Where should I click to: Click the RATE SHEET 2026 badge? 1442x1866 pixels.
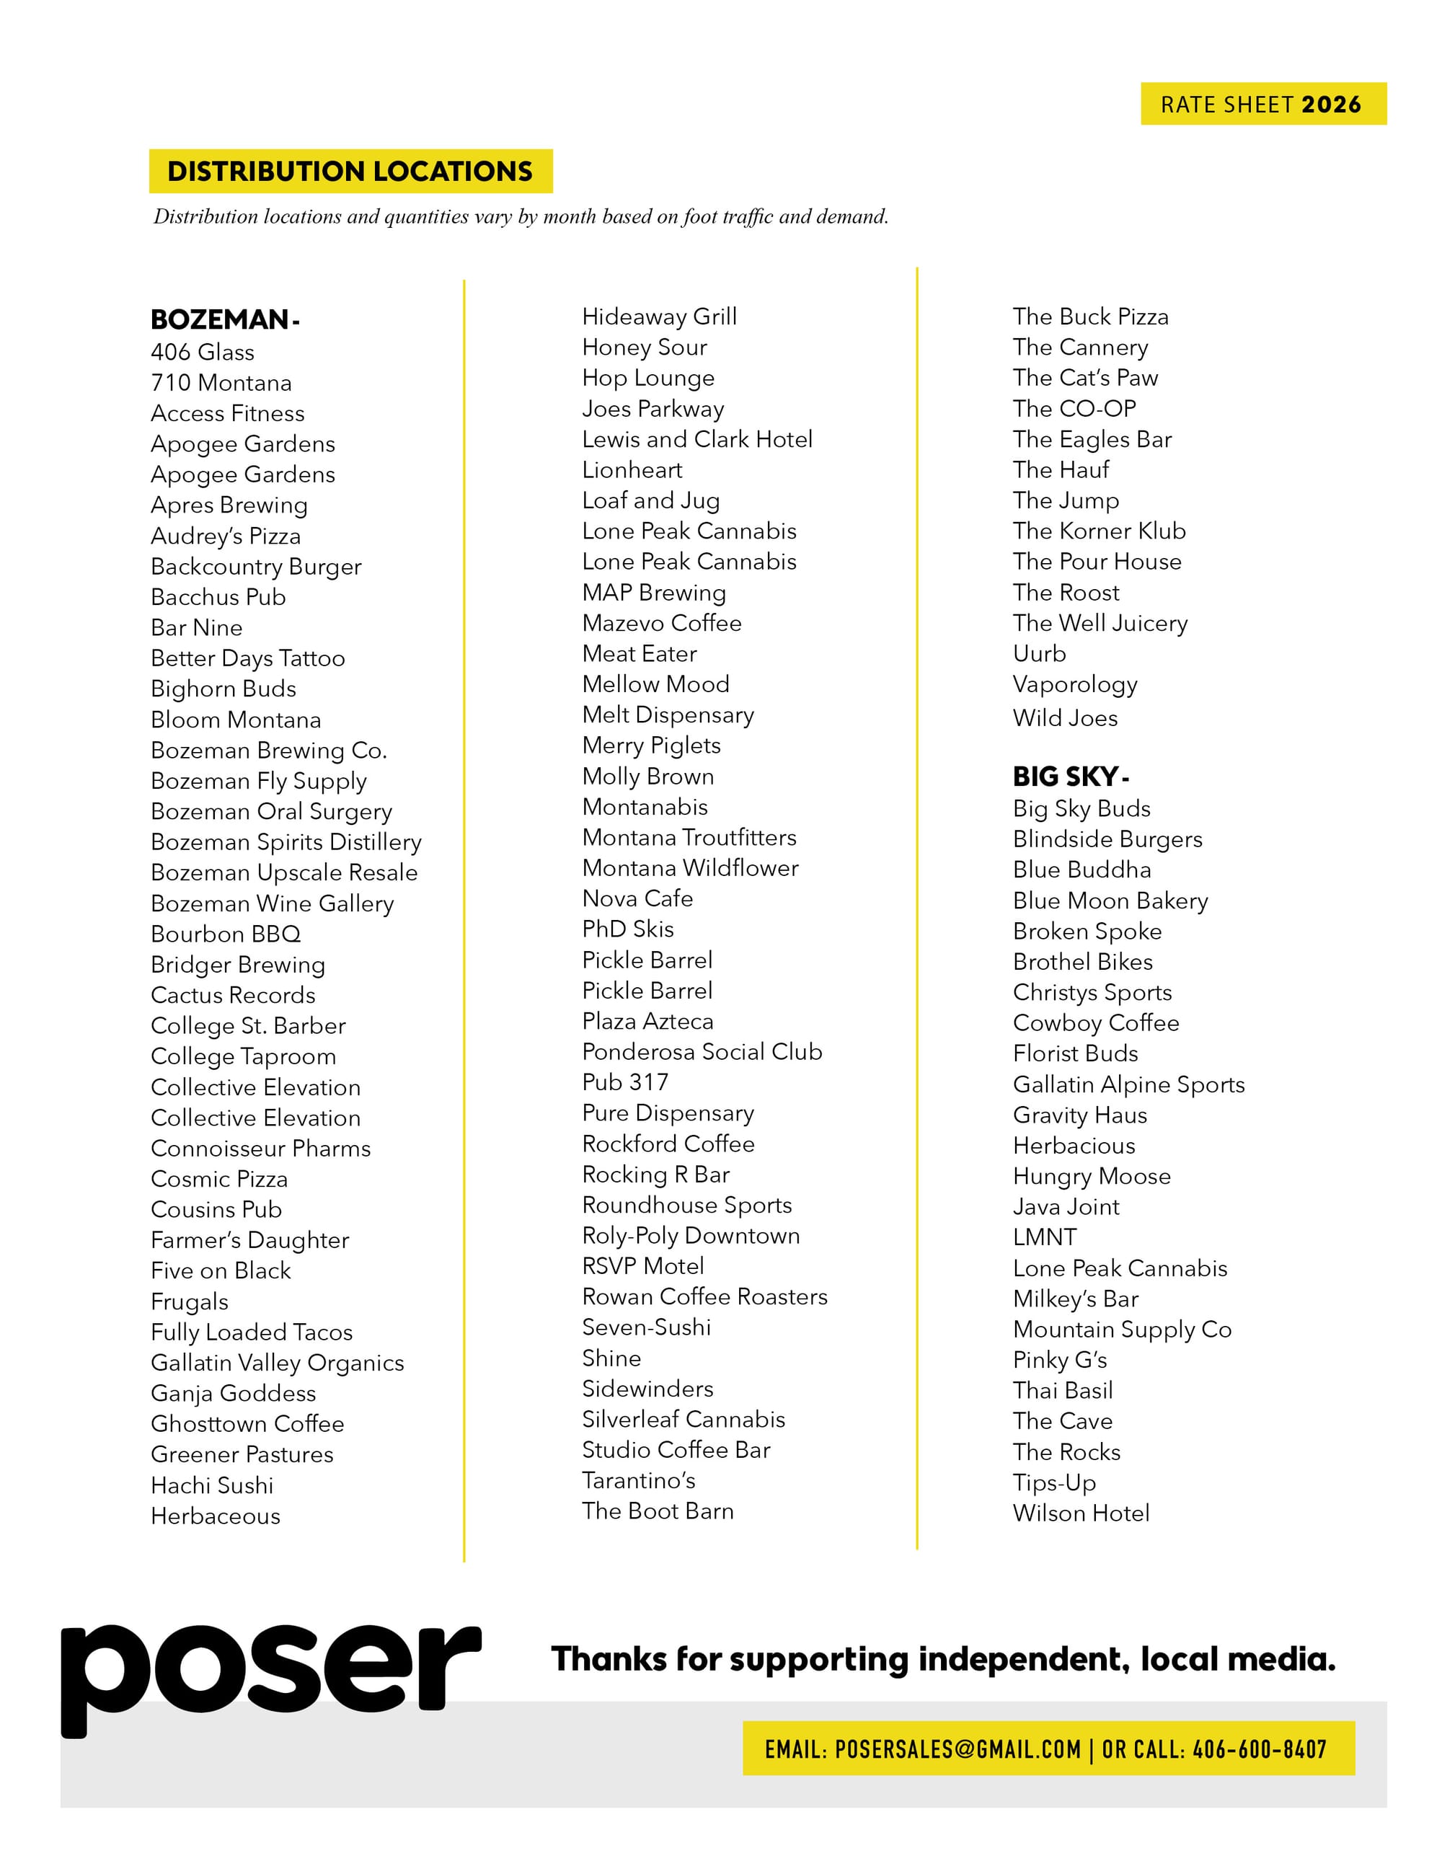1262,105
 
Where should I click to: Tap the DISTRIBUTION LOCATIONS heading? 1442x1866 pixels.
350,171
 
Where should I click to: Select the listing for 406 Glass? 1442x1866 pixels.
203,352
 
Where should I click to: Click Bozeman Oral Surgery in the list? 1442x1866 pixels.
272,811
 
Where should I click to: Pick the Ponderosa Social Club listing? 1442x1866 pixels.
702,1052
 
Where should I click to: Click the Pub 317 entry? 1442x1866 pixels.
625,1082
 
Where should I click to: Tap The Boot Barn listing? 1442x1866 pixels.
658,1511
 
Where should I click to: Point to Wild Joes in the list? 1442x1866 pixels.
1065,717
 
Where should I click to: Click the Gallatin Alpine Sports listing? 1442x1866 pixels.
1128,1084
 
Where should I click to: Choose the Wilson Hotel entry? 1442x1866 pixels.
1081,1513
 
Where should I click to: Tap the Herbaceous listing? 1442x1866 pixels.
216,1516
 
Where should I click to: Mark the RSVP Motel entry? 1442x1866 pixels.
642,1266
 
